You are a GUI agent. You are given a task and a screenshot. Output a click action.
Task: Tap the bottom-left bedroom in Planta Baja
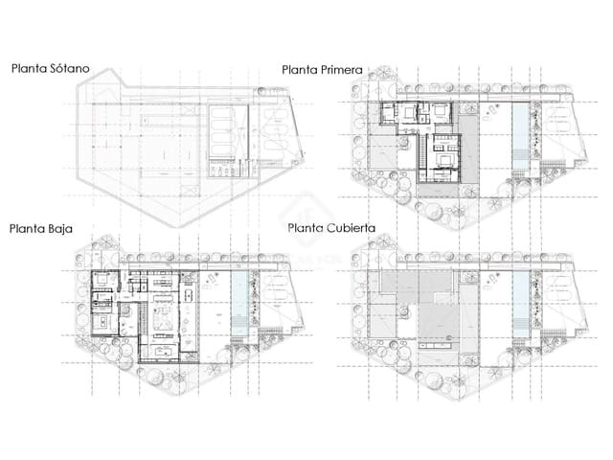pos(103,322)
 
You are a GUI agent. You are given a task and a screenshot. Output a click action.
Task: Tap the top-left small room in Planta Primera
pos(389,114)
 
